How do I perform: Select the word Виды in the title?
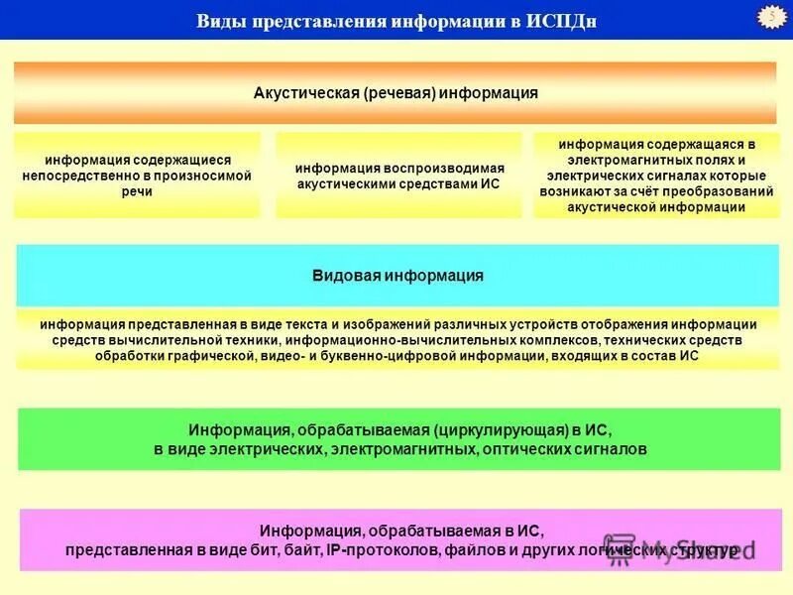coord(220,21)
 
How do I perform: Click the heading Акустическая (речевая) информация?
coord(396,93)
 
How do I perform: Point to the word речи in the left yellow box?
coord(137,191)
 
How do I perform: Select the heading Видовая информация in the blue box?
coord(397,276)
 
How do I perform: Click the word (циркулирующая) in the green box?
coord(498,430)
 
